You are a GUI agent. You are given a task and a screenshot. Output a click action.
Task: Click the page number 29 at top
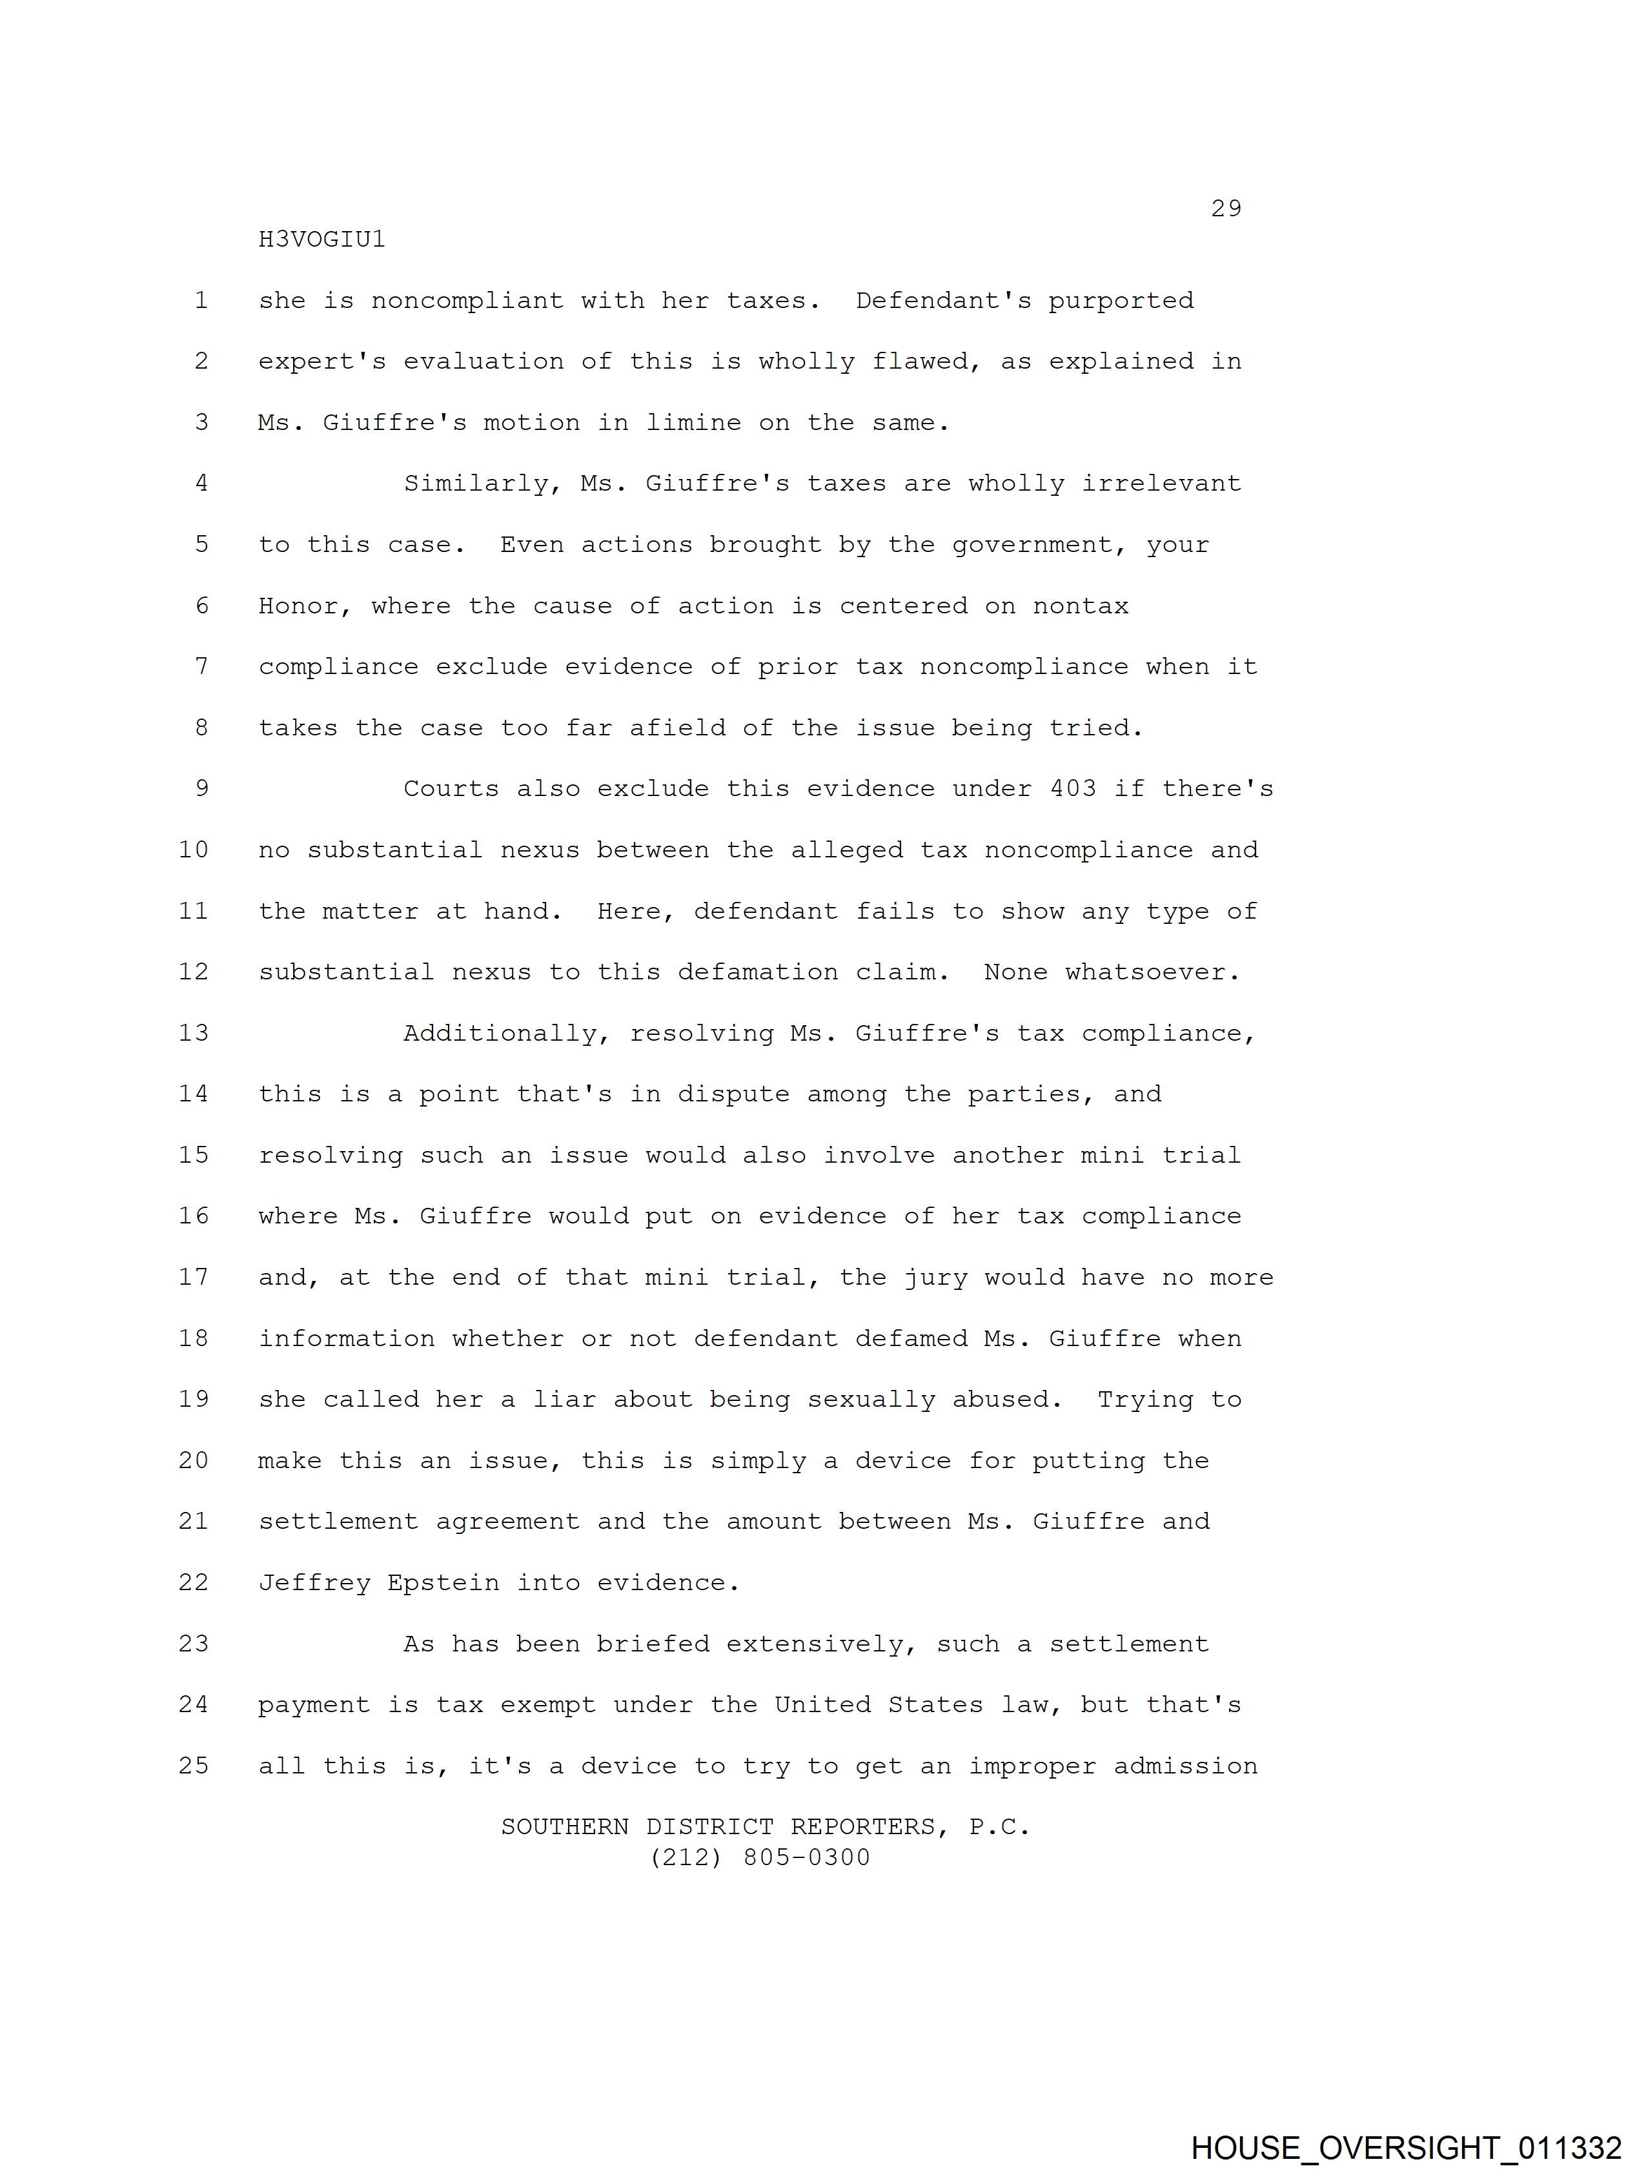pyautogui.click(x=1226, y=209)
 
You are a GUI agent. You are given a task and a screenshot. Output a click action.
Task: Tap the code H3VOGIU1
pyautogui.click(x=321, y=239)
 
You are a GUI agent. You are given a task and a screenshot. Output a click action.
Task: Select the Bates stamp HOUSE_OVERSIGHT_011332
pyautogui.click(x=1406, y=2147)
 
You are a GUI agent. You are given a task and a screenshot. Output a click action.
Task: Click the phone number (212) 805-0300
pyautogui.click(x=760, y=1857)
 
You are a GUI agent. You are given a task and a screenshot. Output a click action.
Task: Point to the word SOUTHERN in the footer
pyautogui.click(x=564, y=1827)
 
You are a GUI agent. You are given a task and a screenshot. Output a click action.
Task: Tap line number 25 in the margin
pyautogui.click(x=194, y=1766)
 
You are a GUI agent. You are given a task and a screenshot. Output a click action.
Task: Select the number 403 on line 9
pyautogui.click(x=1073, y=788)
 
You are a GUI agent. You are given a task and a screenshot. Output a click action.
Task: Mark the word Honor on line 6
pyautogui.click(x=306, y=606)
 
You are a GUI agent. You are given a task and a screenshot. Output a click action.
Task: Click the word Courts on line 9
pyautogui.click(x=451, y=788)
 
